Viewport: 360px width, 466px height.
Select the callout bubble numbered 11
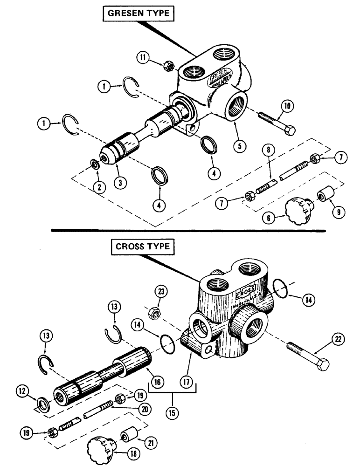tap(145, 58)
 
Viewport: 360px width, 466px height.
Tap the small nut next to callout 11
tap(170, 67)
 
